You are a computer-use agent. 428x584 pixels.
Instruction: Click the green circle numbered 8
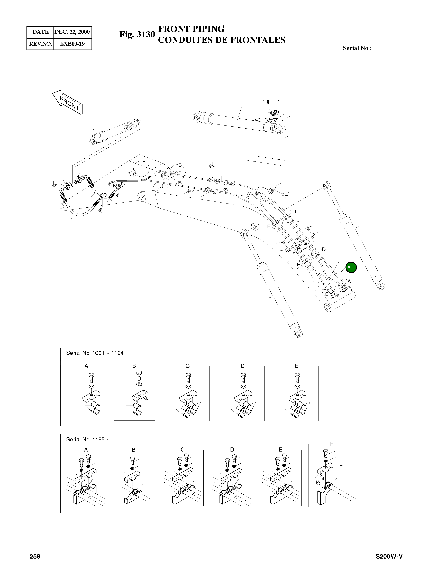[x=351, y=268]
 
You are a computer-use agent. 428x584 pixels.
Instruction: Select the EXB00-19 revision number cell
[x=72, y=44]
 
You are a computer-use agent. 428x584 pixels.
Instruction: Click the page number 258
[x=35, y=557]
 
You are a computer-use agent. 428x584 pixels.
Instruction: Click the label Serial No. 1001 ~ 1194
[x=95, y=353]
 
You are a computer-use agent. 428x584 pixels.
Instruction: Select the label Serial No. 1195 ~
[x=88, y=439]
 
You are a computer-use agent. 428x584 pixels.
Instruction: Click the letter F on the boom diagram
[x=144, y=162]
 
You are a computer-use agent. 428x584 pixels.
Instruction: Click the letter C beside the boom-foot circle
[x=326, y=294]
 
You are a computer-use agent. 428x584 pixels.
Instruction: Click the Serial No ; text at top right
[x=357, y=48]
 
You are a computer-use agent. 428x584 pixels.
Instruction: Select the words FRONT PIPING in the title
[x=191, y=29]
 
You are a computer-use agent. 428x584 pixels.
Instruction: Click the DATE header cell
[x=40, y=32]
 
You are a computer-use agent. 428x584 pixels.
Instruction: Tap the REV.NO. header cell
[x=40, y=44]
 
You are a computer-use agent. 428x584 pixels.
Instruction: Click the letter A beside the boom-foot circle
[x=349, y=281]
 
